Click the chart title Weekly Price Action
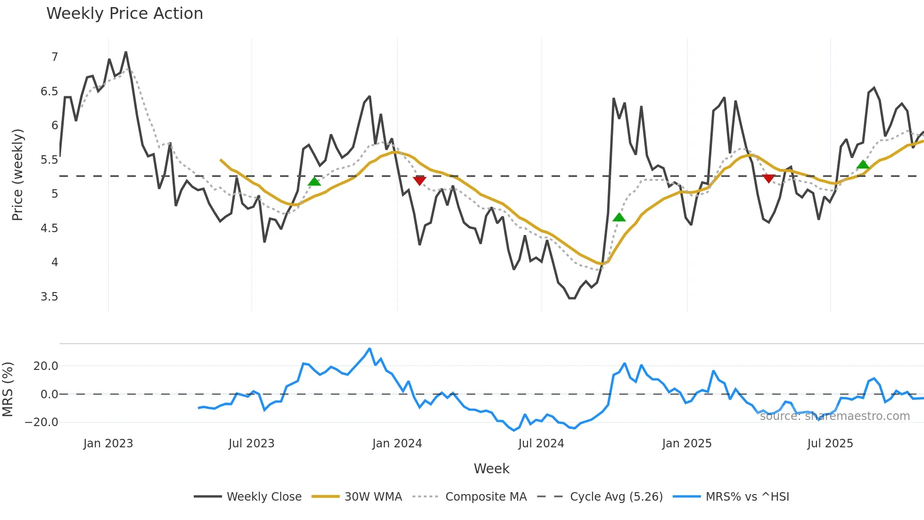124,14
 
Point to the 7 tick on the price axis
55,57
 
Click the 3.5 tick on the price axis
49,297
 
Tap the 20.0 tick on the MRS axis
46,366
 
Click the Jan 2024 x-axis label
397,444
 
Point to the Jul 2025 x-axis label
830,444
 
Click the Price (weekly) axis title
17,175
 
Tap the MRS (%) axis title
8,389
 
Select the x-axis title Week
491,469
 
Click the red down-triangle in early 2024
419,180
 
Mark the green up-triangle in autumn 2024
619,218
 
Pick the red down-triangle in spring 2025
768,178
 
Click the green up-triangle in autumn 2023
314,181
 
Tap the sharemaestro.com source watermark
834,416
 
